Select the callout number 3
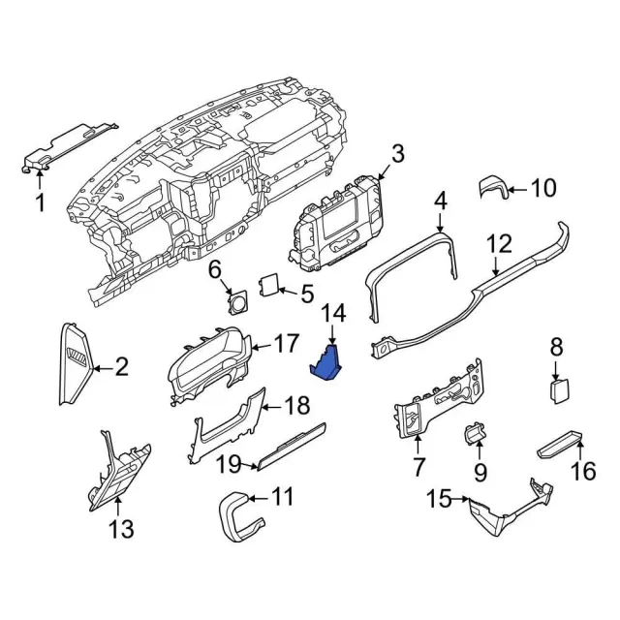(x=398, y=152)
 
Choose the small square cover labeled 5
(x=267, y=286)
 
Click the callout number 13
(x=122, y=529)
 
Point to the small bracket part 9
(x=476, y=435)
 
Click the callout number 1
(x=40, y=202)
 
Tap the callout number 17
(x=286, y=342)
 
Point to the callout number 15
(x=439, y=499)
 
